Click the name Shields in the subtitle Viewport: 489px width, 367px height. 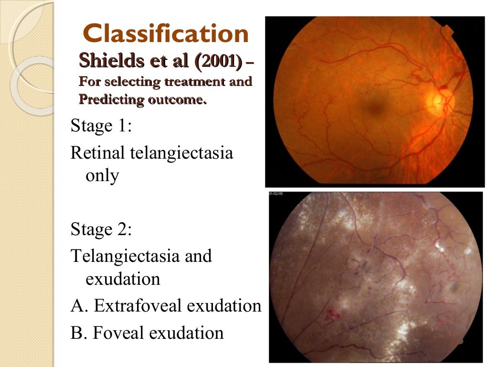pyautogui.click(x=109, y=61)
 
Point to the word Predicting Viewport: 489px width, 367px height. pyautogui.click(x=105, y=100)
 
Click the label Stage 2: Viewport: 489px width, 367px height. pyautogui.click(x=101, y=229)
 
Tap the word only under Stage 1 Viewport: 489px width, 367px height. pyautogui.click(x=102, y=176)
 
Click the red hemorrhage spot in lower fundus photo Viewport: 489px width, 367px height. pyautogui.click(x=333, y=314)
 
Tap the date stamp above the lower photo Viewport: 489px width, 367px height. pyautogui.click(x=276, y=194)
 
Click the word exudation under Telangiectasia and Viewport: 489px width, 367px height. pyautogui.click(x=123, y=279)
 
